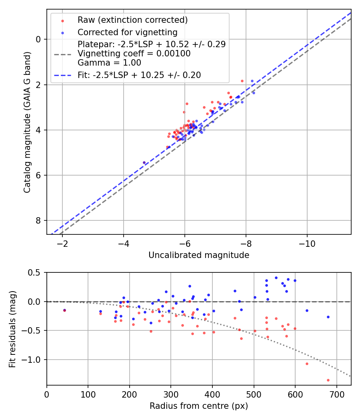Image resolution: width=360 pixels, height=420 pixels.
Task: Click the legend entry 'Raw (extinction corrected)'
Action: pos(132,20)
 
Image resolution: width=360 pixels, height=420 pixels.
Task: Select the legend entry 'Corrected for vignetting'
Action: pos(127,32)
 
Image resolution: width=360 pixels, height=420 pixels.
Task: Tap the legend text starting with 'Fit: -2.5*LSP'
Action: pos(139,75)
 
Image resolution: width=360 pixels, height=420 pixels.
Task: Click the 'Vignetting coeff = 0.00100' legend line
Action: pos(134,53)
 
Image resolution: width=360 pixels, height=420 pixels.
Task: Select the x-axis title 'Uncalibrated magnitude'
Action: pos(199,255)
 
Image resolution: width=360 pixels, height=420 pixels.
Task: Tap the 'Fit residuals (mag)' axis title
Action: pos(12,329)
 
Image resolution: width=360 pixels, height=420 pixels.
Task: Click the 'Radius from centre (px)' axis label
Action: pos(199,406)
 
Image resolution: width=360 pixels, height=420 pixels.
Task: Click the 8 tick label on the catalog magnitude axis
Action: pos(38,221)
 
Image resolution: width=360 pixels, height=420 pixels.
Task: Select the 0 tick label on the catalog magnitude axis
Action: pos(38,39)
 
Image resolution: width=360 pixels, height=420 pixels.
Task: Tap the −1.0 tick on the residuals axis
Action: pos(34,360)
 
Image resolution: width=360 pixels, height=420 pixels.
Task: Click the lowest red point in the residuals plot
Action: pos(328,380)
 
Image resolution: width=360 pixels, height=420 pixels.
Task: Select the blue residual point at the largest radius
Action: pos(328,317)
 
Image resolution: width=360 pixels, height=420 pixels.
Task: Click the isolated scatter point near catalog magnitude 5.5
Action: pos(144,162)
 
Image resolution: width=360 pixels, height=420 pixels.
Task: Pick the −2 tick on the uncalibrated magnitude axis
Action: pos(62,243)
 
